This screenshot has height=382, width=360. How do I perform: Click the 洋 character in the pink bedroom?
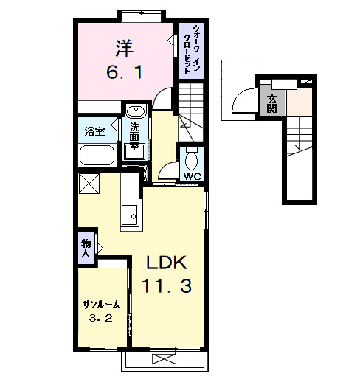click(x=124, y=48)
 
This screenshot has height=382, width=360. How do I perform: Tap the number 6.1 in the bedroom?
click(x=125, y=72)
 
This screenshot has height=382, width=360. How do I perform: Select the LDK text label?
click(x=167, y=263)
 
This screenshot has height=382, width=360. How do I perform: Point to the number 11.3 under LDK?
click(x=167, y=286)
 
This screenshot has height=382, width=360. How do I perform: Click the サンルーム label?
click(x=101, y=305)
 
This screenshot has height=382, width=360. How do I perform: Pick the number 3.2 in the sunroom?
click(x=100, y=319)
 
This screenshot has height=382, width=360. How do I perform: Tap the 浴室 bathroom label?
click(x=94, y=131)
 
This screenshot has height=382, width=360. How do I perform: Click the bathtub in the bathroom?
click(x=97, y=155)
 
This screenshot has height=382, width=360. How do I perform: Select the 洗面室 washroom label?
click(x=134, y=136)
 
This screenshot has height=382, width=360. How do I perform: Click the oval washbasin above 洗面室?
click(x=136, y=111)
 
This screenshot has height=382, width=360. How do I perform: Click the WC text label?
click(x=193, y=176)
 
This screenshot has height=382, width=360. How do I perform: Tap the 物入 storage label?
click(x=86, y=248)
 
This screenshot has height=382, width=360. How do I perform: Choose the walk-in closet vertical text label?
click(x=191, y=49)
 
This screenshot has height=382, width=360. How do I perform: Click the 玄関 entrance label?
click(x=271, y=104)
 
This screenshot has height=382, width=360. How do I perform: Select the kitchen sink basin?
click(x=129, y=215)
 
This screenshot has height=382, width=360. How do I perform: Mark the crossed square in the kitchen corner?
click(x=89, y=184)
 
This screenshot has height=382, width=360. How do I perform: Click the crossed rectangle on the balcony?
click(x=165, y=359)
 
